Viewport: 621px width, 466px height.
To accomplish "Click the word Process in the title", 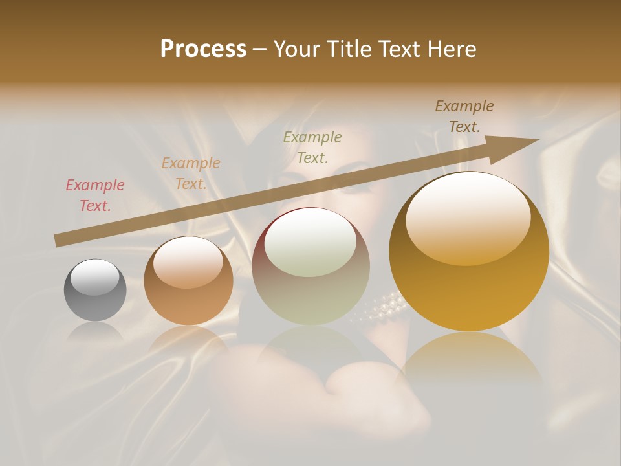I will coord(203,49).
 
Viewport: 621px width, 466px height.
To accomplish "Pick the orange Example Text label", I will coord(191,173).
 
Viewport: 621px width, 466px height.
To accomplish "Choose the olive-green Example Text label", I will coord(312,147).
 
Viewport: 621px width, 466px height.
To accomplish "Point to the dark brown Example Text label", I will coord(464,116).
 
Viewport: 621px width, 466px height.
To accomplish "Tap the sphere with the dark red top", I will coord(310,267).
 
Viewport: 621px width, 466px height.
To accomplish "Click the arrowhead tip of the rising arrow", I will coord(537,140).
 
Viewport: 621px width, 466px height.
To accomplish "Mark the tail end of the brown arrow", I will coord(57,241).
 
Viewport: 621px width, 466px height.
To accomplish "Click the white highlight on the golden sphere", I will coord(468,217).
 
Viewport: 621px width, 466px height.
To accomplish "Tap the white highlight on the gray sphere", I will coord(95,277).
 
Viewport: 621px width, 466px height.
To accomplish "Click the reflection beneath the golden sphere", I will coord(472,362).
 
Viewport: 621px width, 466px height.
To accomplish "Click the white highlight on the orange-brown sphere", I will coord(188,262).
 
